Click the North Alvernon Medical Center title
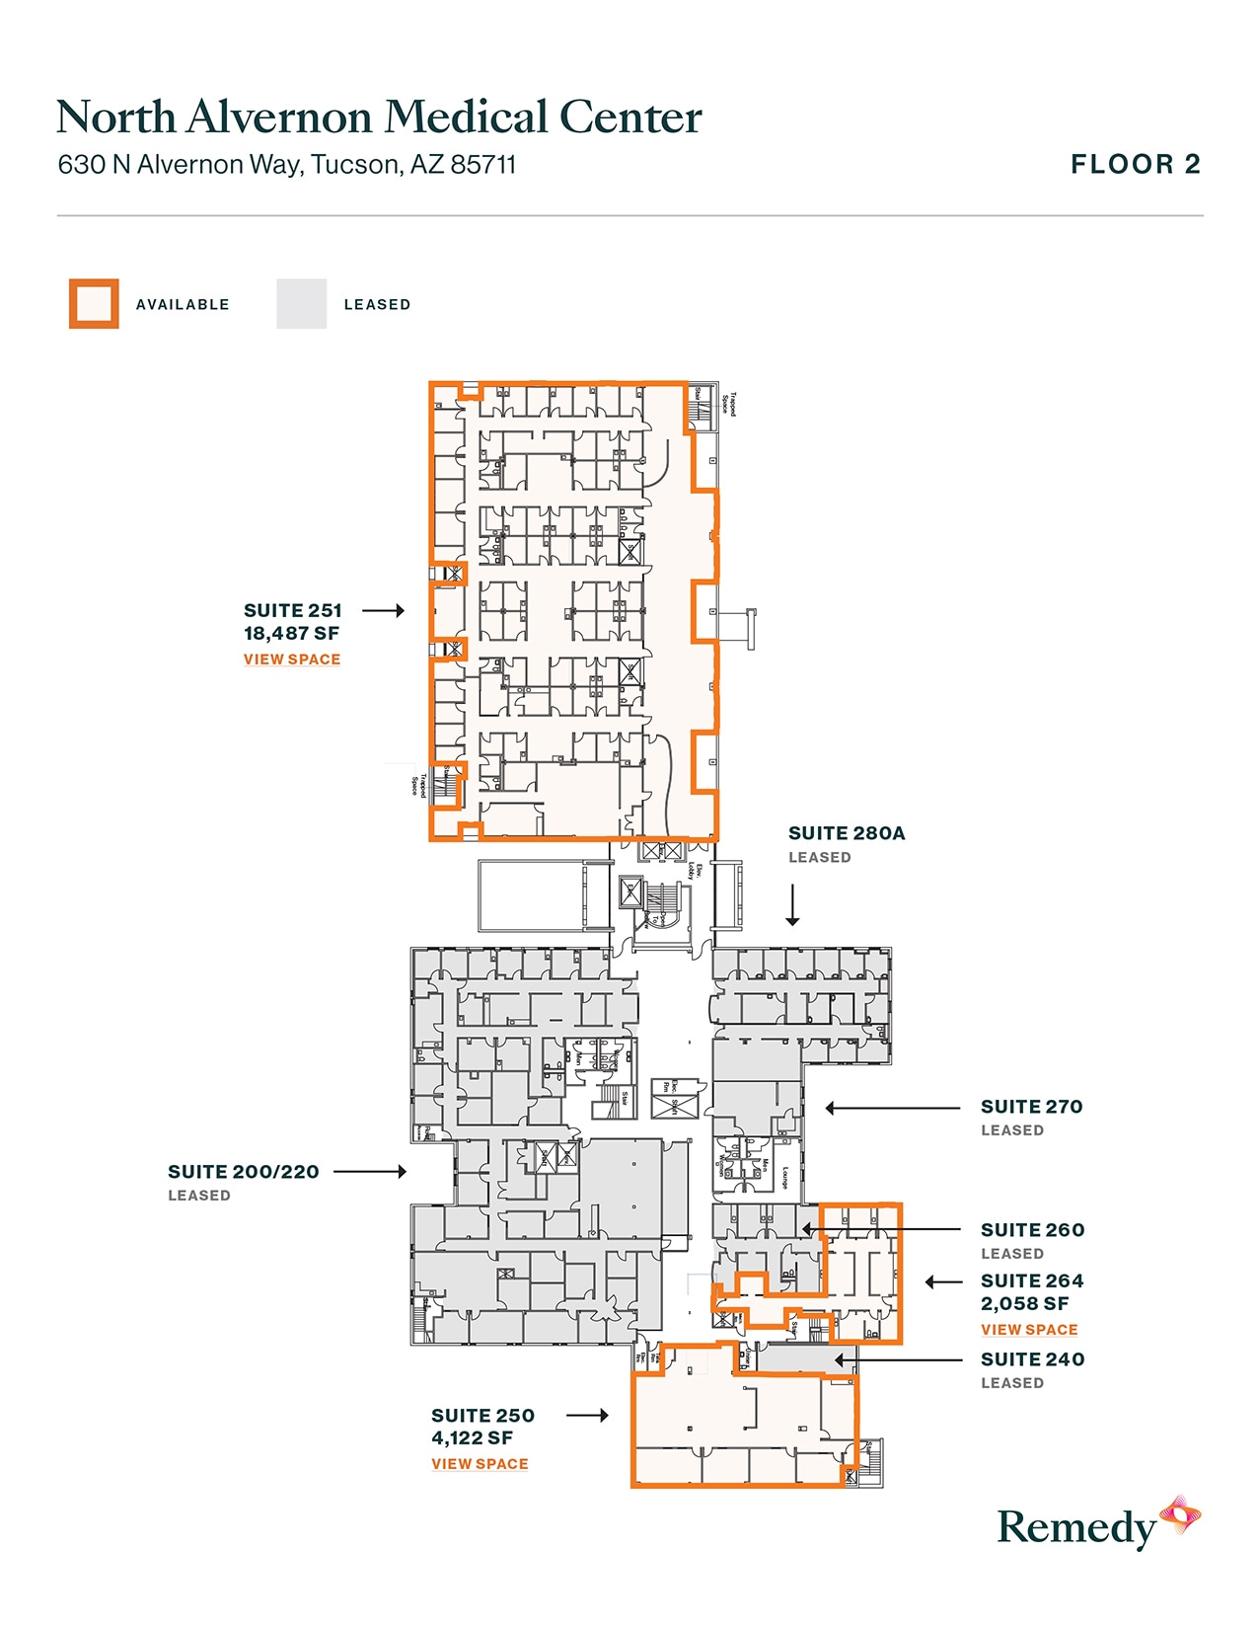[379, 116]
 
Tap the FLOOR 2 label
[1136, 164]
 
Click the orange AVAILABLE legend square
[94, 304]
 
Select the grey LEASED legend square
[301, 304]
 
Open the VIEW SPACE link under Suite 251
[292, 659]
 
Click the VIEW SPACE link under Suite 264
[1029, 1330]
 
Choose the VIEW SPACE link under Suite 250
[480, 1464]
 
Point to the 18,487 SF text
[291, 634]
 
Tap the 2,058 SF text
[1024, 1304]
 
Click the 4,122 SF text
[472, 1438]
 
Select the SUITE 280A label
[847, 833]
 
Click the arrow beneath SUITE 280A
[792, 905]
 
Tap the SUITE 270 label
[1031, 1107]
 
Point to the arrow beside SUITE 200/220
[370, 1172]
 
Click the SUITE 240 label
[1032, 1359]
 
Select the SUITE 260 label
[1032, 1230]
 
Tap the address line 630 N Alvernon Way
[286, 164]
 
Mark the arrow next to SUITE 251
[383, 611]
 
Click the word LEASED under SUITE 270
[1011, 1130]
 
